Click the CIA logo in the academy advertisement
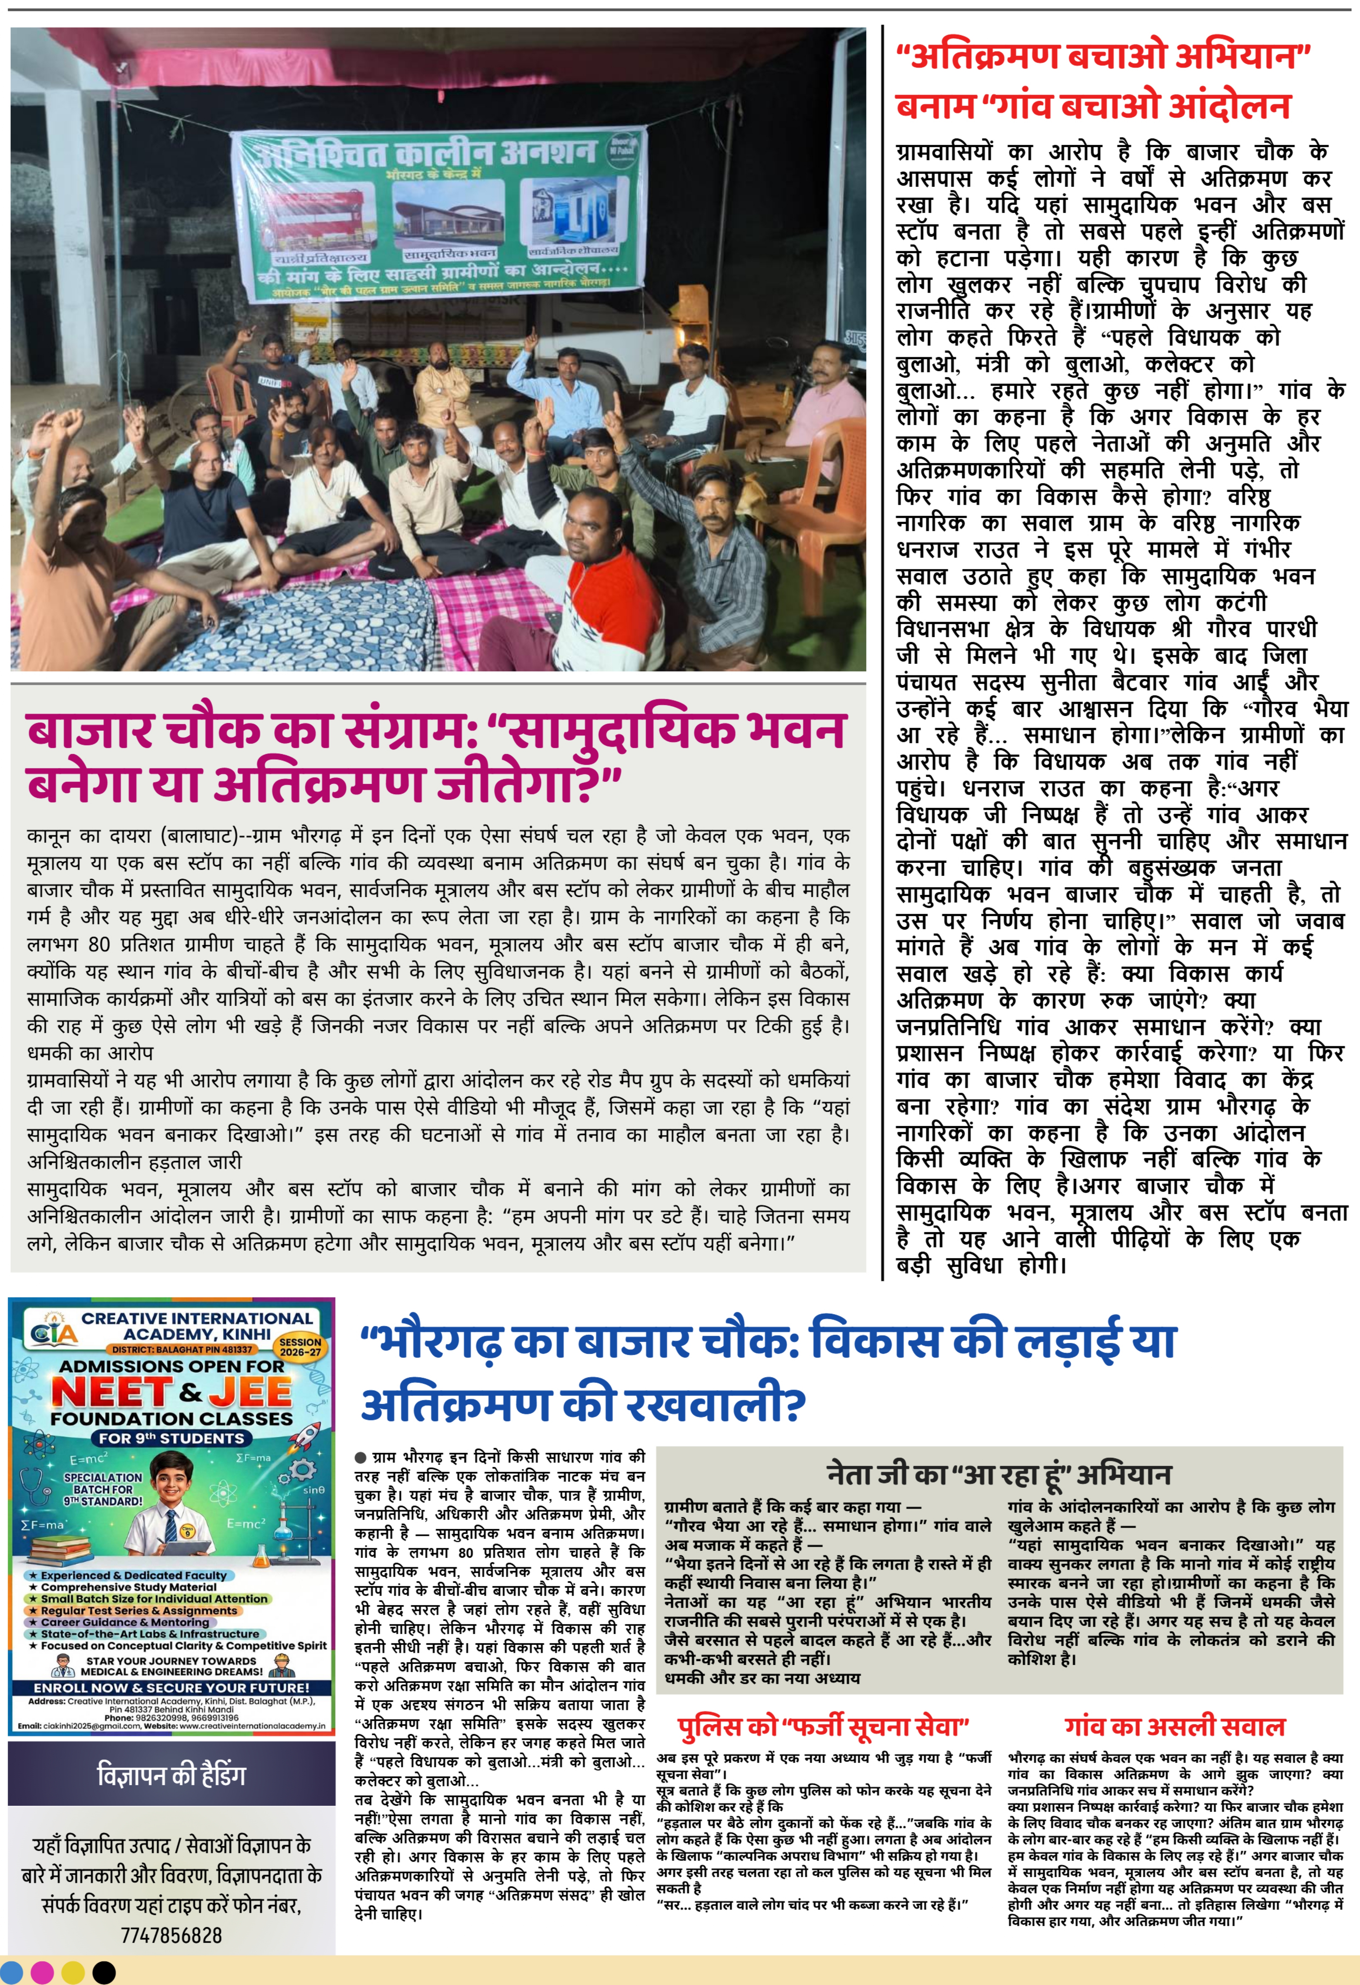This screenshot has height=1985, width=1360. (x=53, y=1331)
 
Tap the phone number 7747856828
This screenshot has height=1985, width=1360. (x=171, y=1936)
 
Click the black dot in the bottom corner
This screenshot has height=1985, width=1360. (x=103, y=1972)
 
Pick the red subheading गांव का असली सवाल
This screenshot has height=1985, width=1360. (x=1174, y=1726)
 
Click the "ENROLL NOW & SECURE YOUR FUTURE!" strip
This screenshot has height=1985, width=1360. (x=171, y=1689)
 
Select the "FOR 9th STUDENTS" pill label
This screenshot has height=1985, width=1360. (x=171, y=1438)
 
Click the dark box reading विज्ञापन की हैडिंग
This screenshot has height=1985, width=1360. (x=171, y=1774)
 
